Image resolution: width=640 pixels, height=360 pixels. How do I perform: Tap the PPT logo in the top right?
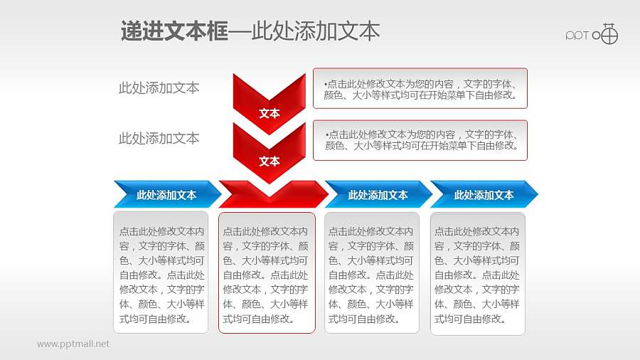tap(592, 35)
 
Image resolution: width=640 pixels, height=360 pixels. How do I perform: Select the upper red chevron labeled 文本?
tap(269, 100)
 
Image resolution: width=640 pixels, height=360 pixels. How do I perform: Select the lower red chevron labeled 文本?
tap(269, 151)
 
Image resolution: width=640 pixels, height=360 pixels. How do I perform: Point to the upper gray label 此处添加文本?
tap(159, 88)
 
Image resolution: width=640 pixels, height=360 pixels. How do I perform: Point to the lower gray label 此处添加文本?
tap(159, 139)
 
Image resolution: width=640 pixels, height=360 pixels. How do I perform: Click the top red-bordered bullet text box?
tap(420, 88)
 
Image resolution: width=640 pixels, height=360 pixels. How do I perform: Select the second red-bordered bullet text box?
tap(420, 139)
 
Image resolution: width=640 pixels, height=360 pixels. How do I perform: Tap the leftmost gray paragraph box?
tap(161, 272)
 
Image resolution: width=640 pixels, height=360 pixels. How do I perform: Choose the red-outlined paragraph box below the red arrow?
tap(267, 272)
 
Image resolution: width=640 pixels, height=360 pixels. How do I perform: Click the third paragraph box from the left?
tap(372, 272)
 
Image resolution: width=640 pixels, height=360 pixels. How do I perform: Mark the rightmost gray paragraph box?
tap(478, 272)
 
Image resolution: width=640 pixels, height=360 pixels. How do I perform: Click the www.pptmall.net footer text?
tap(73, 344)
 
